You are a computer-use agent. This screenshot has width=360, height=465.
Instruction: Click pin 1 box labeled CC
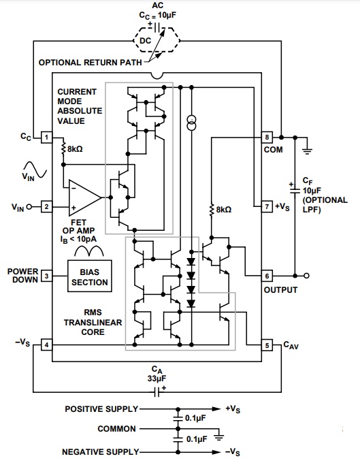click(46, 138)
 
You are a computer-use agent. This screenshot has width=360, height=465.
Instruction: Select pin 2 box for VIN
click(46, 207)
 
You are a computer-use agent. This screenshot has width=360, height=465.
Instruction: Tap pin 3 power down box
click(46, 276)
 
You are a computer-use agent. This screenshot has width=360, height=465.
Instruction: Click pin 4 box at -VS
click(46, 345)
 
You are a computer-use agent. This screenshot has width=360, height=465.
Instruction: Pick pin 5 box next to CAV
click(267, 345)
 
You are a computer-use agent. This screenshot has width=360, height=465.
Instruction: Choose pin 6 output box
click(267, 276)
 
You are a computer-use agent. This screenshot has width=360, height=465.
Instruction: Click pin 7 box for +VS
click(267, 206)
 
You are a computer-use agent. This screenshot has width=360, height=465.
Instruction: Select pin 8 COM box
click(267, 138)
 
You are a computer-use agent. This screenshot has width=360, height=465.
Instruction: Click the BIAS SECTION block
click(90, 276)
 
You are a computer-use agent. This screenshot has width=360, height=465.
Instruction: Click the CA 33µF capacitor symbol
click(157, 392)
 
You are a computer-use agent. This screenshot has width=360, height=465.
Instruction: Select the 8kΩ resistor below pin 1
click(63, 148)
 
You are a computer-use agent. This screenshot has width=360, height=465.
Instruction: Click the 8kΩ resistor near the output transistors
click(212, 210)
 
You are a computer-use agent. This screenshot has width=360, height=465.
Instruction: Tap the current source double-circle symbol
click(191, 123)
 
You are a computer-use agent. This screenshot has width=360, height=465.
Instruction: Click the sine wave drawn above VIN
click(35, 169)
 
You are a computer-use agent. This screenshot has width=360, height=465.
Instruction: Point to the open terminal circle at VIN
click(29, 207)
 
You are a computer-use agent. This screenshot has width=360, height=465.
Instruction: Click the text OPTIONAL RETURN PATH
click(91, 63)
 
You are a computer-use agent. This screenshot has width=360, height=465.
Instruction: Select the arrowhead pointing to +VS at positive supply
click(216, 409)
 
